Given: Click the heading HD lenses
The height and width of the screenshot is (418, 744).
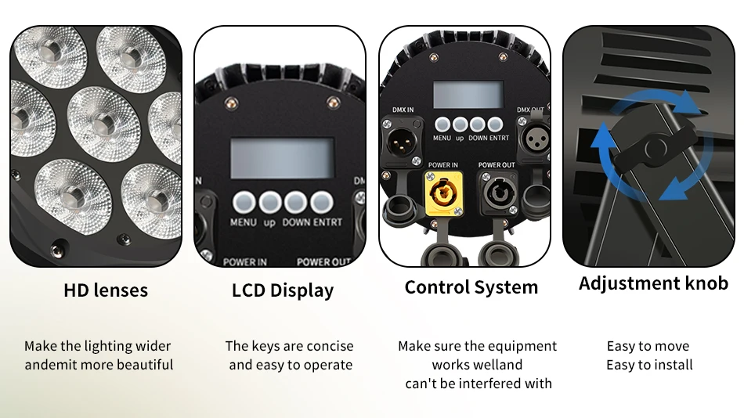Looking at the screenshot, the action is click(106, 290).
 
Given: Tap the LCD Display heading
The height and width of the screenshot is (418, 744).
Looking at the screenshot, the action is click(283, 290).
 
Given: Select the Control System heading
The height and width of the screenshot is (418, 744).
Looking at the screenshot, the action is click(471, 287).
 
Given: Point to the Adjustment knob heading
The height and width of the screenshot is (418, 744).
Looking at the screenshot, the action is click(653, 283).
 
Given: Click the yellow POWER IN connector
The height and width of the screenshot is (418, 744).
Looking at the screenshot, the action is click(443, 193).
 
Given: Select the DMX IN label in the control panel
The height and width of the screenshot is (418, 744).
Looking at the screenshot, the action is click(403, 110).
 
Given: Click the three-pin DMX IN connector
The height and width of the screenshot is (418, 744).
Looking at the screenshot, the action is click(402, 142).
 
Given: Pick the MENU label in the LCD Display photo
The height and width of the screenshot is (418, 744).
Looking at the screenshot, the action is click(244, 222).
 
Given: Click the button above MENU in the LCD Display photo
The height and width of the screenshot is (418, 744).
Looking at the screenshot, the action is click(244, 203).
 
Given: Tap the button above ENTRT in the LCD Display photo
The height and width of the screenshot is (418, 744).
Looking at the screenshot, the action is click(322, 203).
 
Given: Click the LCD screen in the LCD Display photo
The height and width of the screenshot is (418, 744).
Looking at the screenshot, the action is click(282, 158).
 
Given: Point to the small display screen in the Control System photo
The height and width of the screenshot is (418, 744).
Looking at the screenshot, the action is click(468, 95).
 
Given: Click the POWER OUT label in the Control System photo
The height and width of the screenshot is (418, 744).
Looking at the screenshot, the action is click(497, 165).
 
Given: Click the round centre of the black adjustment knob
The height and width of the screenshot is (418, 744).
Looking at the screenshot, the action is click(656, 149).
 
